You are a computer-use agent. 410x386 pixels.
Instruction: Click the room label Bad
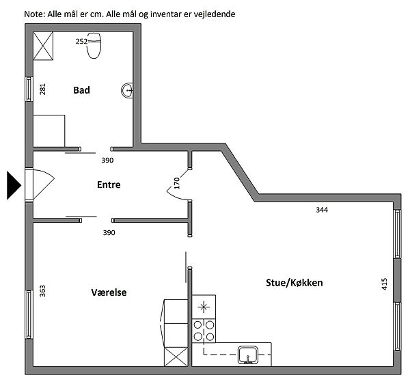82,89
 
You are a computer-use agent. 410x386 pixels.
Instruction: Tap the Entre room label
109,184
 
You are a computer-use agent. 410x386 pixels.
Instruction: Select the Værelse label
109,292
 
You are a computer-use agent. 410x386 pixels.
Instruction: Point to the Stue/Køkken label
294,282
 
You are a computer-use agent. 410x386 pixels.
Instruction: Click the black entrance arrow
14,185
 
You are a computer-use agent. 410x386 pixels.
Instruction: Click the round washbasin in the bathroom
127,89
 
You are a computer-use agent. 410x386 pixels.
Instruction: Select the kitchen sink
247,354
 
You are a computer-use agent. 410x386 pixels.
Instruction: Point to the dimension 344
322,210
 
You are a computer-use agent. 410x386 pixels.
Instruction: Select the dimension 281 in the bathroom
42,89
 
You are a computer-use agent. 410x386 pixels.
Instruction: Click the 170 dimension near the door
176,183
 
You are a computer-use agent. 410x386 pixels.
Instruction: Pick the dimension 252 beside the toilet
81,42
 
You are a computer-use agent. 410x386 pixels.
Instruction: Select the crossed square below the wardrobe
176,357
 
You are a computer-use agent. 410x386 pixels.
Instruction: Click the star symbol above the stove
203,306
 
